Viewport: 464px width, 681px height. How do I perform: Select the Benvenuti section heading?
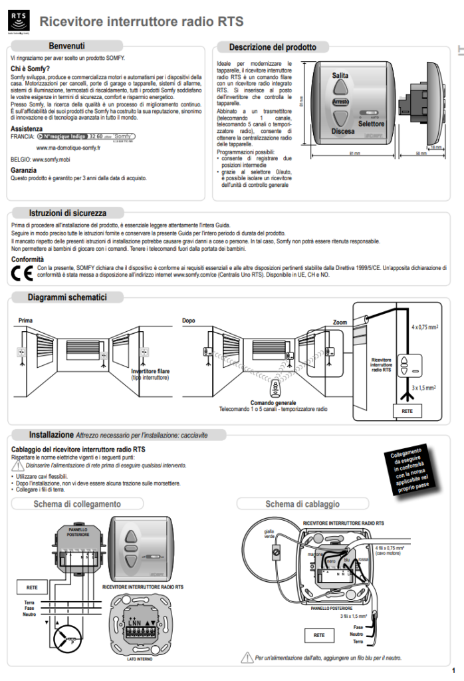tap(66, 46)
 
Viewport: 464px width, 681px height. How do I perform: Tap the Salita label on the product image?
tap(340, 76)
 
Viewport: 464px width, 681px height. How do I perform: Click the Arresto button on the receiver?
tap(340, 102)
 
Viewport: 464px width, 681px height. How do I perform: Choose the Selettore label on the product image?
tap(371, 124)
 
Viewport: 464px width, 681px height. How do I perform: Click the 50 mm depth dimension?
tap(421, 153)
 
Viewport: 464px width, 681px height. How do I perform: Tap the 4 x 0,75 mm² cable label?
tap(423, 328)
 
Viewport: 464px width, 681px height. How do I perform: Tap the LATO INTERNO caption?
tap(140, 658)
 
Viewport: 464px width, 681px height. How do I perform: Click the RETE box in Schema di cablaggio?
tap(319, 635)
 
